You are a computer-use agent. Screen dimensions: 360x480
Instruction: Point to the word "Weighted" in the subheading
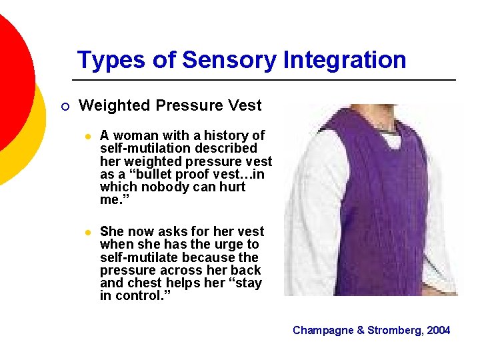115,105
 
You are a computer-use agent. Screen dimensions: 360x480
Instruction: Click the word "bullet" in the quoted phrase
149,175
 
